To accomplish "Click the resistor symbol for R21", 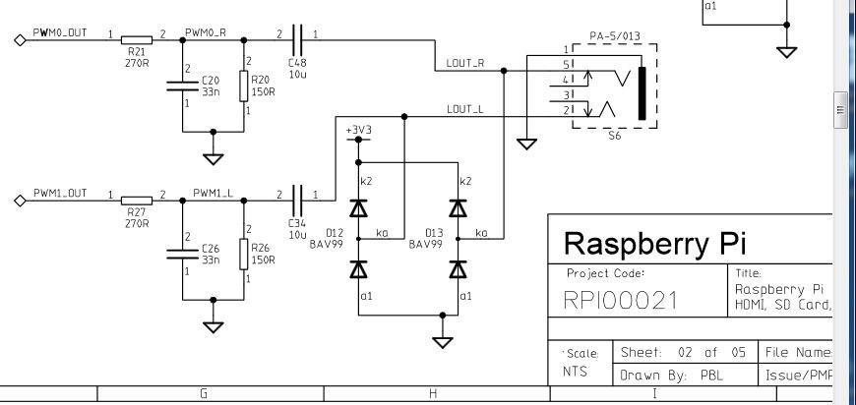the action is pos(137,39).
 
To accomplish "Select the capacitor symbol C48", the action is pos(297,39).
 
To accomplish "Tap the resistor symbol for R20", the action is pos(243,86).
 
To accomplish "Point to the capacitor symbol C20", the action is pos(182,86).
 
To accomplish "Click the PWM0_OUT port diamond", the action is pos(20,39).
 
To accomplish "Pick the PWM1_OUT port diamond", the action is pos(20,201).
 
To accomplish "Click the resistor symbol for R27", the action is pos(137,201).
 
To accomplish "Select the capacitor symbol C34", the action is pos(297,201).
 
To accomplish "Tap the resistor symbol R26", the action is pos(243,254).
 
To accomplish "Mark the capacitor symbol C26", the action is pos(182,254).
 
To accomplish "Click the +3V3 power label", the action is pos(358,132).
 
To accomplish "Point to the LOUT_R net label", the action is pos(465,63).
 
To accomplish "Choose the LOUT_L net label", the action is pos(464,109).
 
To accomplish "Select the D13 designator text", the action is pos(434,233).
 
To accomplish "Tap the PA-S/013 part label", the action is pos(615,36).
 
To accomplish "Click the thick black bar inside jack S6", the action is pos(642,93).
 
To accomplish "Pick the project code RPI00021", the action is pos(620,301).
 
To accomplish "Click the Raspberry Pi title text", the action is pos(654,243).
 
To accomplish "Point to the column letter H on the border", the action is pos(433,393).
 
